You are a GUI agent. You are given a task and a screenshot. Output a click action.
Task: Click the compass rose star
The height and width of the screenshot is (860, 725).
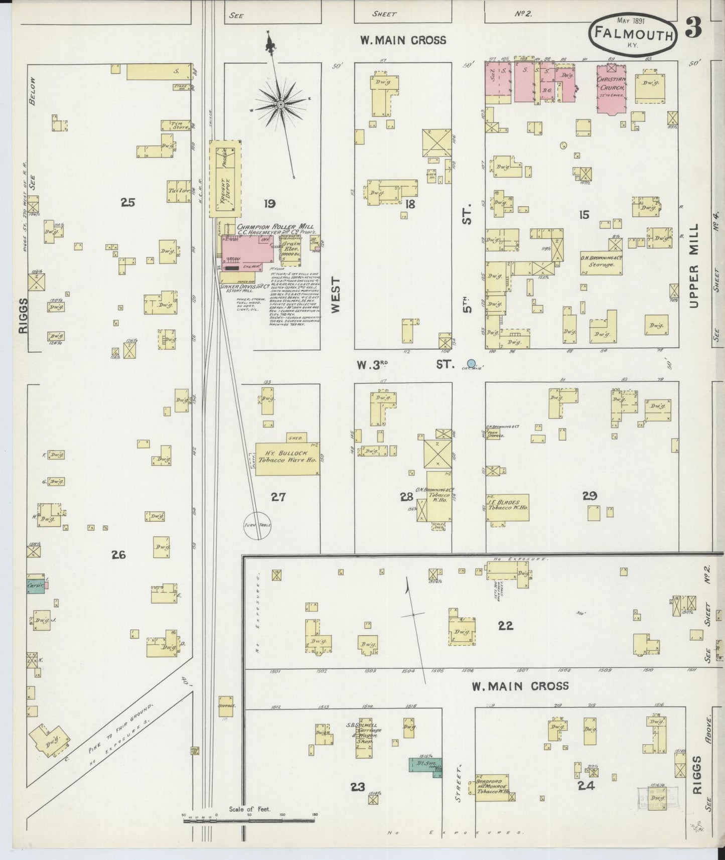(280, 104)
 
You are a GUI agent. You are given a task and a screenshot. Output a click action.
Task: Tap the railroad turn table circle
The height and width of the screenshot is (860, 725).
(258, 525)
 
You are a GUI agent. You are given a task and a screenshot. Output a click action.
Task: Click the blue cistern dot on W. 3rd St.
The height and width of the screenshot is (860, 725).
(471, 363)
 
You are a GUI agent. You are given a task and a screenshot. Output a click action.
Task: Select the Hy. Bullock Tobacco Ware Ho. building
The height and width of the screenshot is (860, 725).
(287, 458)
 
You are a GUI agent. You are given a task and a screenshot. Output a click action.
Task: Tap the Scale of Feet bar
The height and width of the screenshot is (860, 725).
(249, 820)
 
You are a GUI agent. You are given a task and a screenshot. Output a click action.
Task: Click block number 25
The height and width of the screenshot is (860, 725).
(128, 203)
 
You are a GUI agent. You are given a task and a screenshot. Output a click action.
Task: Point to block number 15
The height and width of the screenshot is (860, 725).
(584, 215)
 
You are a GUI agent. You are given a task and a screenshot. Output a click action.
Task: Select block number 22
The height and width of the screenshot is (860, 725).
(505, 625)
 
